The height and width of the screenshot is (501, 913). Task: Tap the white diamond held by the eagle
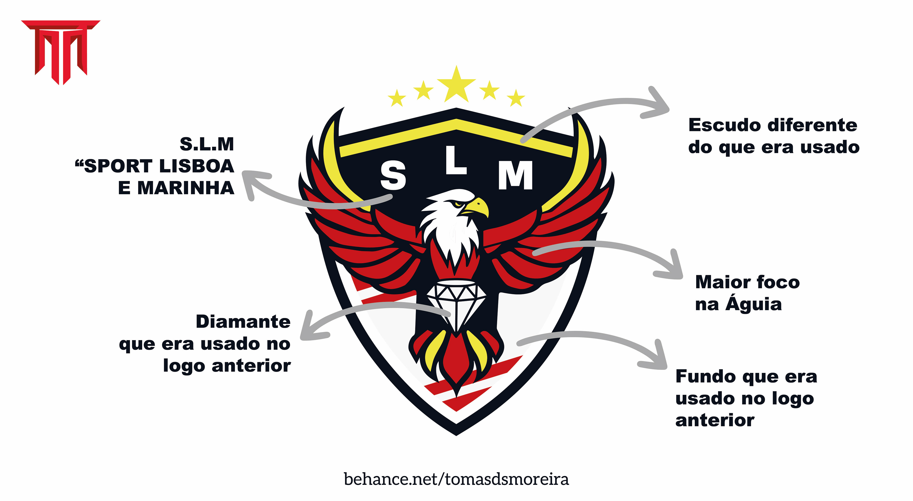456,301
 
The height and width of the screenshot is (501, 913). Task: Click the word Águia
753,304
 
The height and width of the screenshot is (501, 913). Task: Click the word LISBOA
196,166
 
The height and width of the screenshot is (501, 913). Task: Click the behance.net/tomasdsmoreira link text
456,479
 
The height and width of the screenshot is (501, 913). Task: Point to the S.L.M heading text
207,144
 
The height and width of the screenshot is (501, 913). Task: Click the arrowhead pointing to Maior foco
673,269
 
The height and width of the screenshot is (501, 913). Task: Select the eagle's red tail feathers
456,365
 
